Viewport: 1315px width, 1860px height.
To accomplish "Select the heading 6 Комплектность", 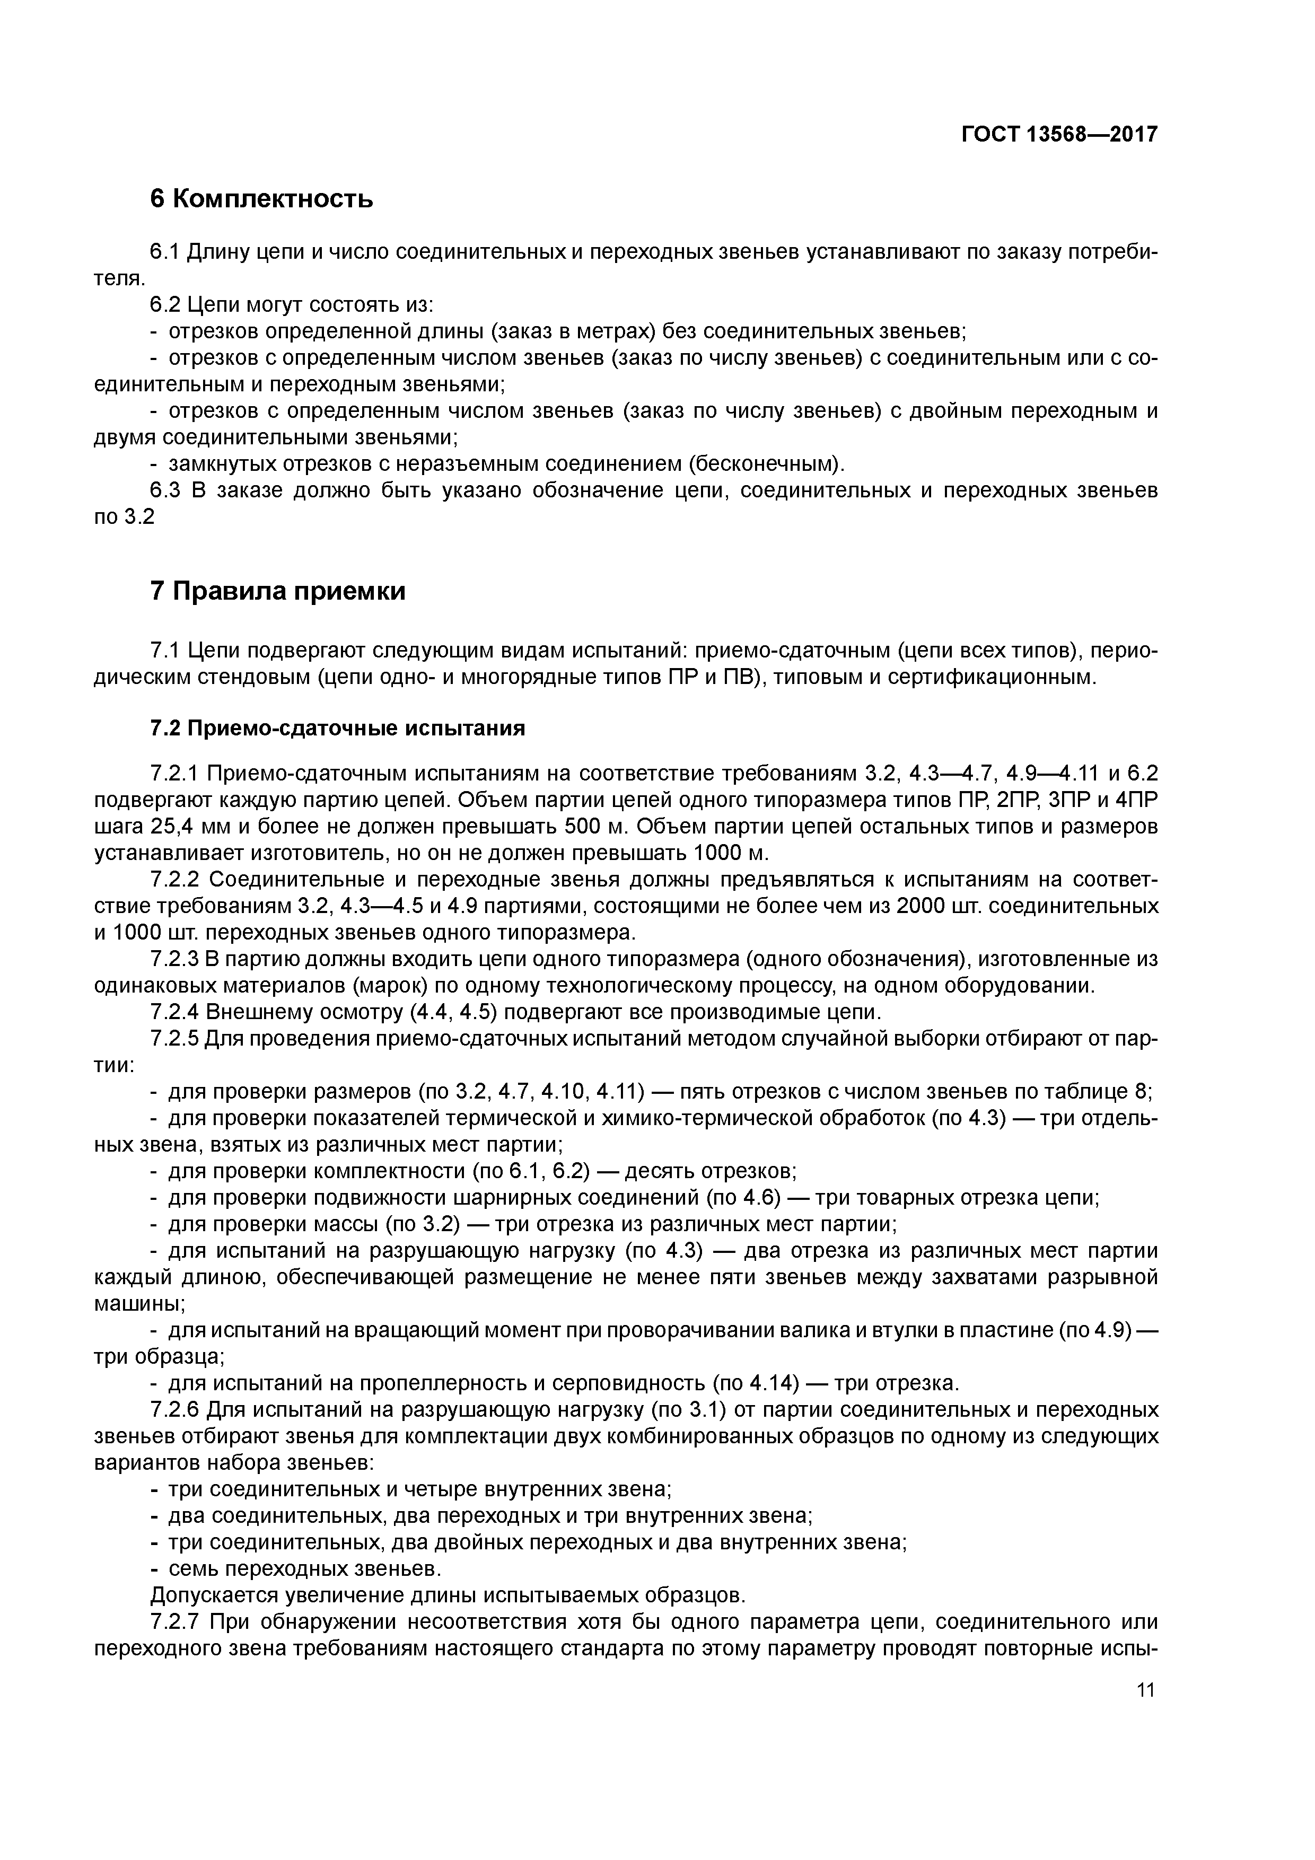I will [x=262, y=198].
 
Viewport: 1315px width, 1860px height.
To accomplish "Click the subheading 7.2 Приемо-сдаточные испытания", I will [x=338, y=729].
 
